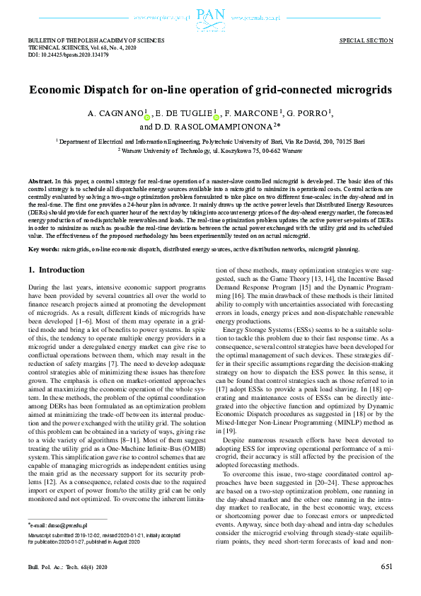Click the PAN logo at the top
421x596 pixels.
[x=210, y=15]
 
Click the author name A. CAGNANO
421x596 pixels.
[x=114, y=114]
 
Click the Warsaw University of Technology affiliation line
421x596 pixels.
[x=210, y=151]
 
